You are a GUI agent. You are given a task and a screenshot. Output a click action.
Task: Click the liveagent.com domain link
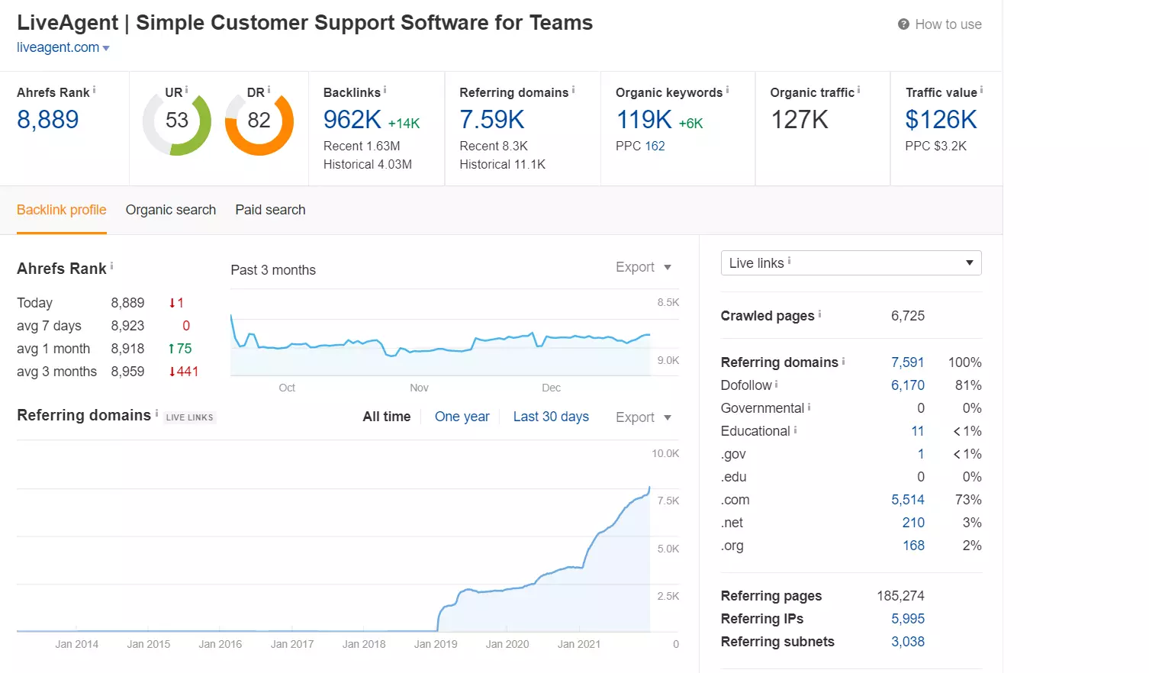click(x=59, y=47)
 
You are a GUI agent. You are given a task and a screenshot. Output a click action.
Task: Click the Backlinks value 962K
click(x=352, y=120)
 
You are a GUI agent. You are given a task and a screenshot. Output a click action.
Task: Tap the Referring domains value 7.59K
click(x=492, y=120)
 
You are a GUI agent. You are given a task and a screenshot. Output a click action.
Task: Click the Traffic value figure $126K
click(x=941, y=120)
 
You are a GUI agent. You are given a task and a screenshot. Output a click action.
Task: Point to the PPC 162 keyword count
click(x=655, y=146)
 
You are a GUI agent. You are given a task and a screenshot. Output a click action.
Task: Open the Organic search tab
click(x=171, y=210)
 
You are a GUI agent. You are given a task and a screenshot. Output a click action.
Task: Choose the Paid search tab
click(x=270, y=210)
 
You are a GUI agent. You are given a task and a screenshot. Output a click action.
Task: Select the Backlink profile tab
click(x=62, y=210)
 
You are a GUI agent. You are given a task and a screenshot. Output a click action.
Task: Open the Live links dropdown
click(x=851, y=263)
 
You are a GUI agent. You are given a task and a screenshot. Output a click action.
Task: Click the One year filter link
click(x=462, y=417)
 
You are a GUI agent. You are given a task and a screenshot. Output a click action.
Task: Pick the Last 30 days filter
click(x=551, y=417)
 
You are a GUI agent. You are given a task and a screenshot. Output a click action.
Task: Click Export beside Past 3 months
click(x=642, y=267)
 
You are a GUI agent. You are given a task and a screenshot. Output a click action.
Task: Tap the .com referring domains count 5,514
click(x=907, y=500)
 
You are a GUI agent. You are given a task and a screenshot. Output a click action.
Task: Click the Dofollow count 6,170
click(x=907, y=385)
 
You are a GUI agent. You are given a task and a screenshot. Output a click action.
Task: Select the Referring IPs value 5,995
click(x=907, y=619)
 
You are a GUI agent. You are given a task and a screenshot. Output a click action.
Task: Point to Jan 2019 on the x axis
click(x=436, y=644)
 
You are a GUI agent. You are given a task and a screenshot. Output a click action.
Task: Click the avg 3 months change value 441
click(x=184, y=372)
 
